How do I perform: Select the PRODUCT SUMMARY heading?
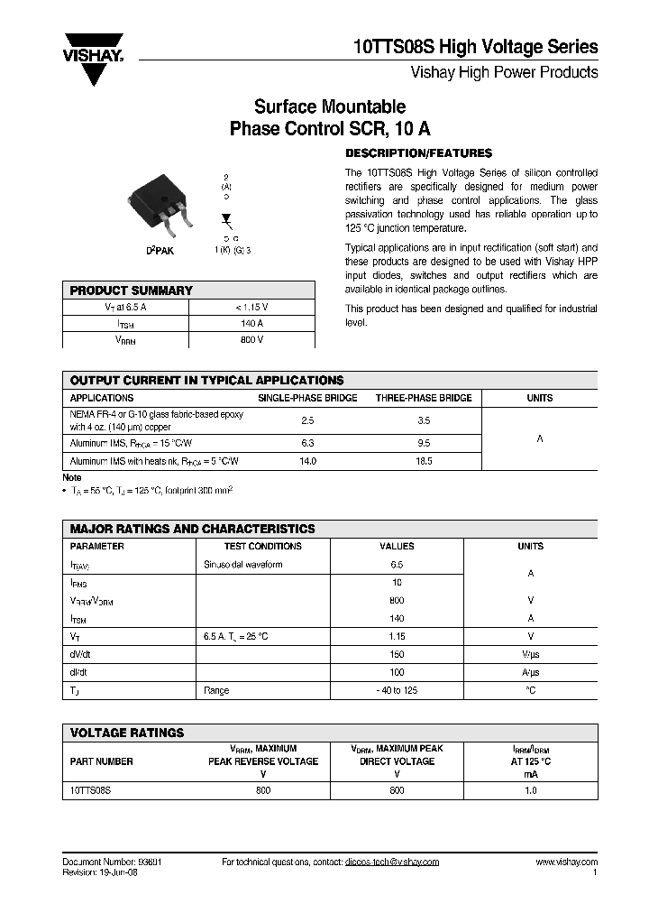point(132,290)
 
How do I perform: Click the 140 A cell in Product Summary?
point(251,323)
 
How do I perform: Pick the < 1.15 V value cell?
point(251,307)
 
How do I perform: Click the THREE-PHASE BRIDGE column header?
point(423,398)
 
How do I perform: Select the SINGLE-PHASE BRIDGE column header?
point(307,398)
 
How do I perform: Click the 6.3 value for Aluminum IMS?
point(307,443)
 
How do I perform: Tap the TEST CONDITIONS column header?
point(262,546)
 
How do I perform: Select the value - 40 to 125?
point(397,690)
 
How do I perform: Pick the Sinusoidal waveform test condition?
point(243,564)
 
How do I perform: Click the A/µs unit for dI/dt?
point(530,672)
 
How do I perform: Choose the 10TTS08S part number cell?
point(90,789)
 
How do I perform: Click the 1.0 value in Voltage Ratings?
point(530,789)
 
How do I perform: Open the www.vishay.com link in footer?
point(566,862)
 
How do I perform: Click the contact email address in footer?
point(391,862)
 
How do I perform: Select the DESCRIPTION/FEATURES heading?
point(419,152)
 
